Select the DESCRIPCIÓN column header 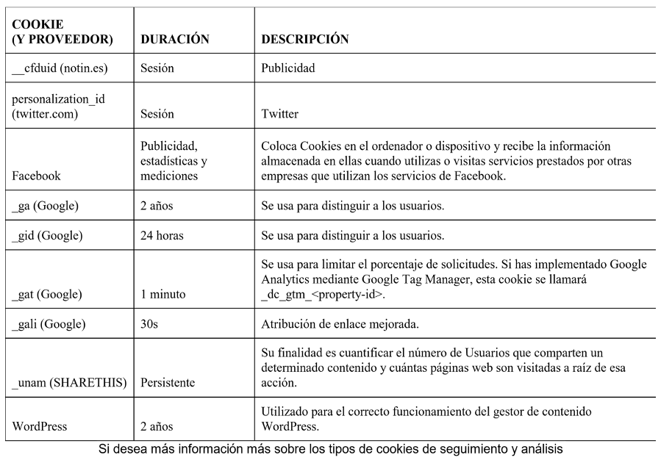[x=304, y=39]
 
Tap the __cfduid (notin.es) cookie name [x=60, y=68]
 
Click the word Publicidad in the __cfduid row [x=288, y=68]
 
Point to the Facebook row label [x=37, y=176]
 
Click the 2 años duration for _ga [x=157, y=206]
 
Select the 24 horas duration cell [x=162, y=236]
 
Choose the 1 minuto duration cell [x=163, y=294]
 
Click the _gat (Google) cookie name [x=47, y=294]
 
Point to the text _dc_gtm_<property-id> [x=323, y=294]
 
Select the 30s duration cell [x=149, y=324]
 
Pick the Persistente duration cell [x=168, y=382]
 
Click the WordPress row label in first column [x=40, y=426]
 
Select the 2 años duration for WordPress [x=157, y=426]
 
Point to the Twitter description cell [x=280, y=114]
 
